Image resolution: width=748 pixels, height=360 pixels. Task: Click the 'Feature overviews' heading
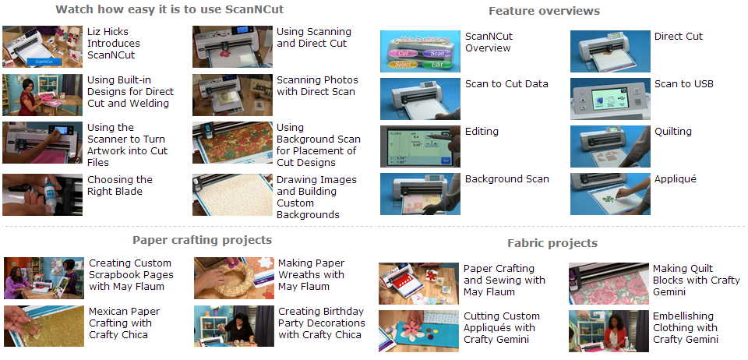545,11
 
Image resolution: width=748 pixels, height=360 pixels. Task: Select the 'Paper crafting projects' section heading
203,240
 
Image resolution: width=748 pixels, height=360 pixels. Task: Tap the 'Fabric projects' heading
552,243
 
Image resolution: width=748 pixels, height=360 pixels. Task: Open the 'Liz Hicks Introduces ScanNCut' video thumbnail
42,47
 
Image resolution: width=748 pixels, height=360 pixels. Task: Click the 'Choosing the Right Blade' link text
120,185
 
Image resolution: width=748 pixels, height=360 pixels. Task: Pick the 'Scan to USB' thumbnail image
610,99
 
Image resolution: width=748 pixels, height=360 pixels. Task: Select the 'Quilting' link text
672,132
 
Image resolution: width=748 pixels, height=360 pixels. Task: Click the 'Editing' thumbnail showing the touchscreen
420,146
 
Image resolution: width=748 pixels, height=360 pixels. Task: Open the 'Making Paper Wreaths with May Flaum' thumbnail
234,278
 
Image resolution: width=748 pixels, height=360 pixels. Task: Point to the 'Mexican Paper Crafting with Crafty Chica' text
125,323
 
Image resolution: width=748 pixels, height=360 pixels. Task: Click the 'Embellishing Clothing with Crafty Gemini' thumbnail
609,331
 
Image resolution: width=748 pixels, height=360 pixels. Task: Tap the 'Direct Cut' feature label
679,37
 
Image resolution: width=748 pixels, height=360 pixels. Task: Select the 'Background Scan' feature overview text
507,179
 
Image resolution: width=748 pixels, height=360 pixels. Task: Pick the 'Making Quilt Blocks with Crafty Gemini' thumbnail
609,283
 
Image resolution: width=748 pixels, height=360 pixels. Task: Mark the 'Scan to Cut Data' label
506,84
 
